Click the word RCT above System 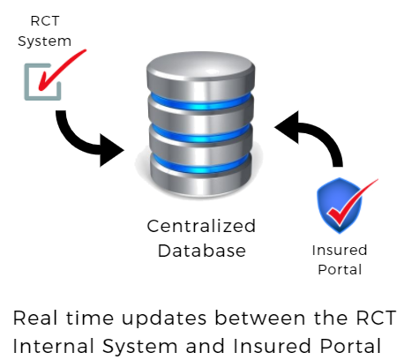coord(45,21)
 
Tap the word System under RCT coord(44,41)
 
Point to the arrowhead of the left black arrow coord(112,150)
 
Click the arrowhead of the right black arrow coord(287,127)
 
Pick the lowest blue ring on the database coord(201,166)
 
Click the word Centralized coord(201,226)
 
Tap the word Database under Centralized coord(202,251)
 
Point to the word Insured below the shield coord(340,251)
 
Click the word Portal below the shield coord(340,270)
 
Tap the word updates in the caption coord(164,319)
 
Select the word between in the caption coord(260,319)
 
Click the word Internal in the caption coord(53,346)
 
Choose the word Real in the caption coord(35,319)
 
